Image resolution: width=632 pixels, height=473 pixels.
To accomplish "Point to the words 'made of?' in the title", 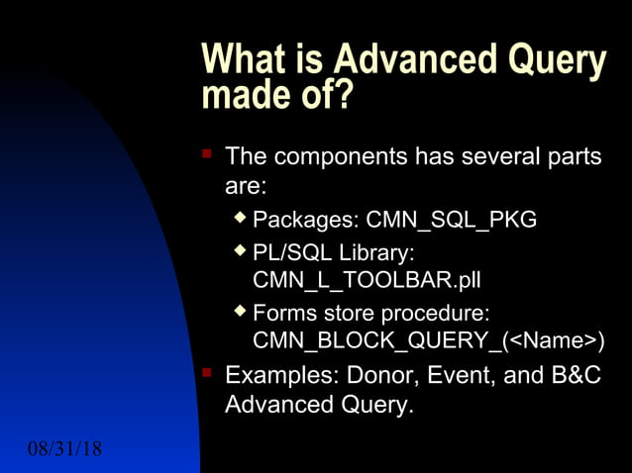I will pyautogui.click(x=276, y=96).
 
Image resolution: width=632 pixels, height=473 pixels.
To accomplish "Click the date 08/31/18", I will pyautogui.click(x=64, y=450).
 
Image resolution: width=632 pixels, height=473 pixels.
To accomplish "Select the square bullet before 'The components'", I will pyautogui.click(x=207, y=154).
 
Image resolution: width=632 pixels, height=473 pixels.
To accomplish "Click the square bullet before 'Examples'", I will pyautogui.click(x=207, y=373).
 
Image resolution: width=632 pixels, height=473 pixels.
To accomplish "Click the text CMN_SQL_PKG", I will pyautogui.click(x=452, y=219).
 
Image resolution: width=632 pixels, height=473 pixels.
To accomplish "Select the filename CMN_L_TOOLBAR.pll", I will pyautogui.click(x=367, y=281).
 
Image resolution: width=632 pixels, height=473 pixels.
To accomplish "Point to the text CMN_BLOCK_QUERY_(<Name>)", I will pyautogui.click(x=429, y=342).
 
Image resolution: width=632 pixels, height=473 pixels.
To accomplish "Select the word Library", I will pyautogui.click(x=380, y=250).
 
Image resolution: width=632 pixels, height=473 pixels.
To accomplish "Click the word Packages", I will pyautogui.click(x=305, y=219).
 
